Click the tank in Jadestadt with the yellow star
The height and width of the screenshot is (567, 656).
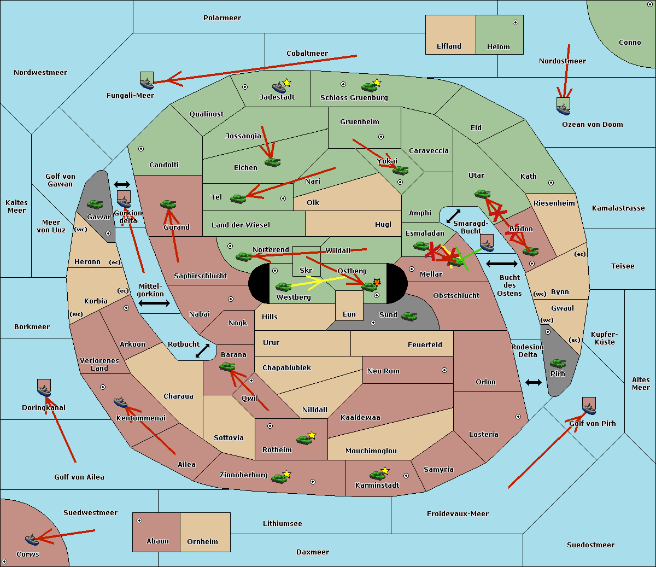coord(279,87)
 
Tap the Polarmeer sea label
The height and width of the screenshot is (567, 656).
coord(222,18)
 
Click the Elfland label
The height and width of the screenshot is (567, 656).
coord(449,46)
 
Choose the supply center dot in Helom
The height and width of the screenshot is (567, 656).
coord(515,22)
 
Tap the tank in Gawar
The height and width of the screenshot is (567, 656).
coord(95,204)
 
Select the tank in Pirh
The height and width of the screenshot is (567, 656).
coord(558,363)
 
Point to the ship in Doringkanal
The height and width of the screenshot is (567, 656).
coord(44,389)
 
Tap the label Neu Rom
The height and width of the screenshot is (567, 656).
coord(383,371)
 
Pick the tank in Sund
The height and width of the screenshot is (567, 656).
coord(409,316)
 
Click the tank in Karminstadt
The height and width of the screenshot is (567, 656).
coord(377,475)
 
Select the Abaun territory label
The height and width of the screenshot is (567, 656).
coord(157,541)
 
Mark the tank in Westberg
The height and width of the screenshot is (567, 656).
coord(283,287)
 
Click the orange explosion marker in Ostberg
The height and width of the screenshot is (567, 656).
coord(377,282)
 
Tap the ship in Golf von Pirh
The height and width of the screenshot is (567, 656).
coord(589,407)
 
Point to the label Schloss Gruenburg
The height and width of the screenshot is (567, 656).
coord(354,98)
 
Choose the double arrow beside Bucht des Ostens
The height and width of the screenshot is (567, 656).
coord(501,264)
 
